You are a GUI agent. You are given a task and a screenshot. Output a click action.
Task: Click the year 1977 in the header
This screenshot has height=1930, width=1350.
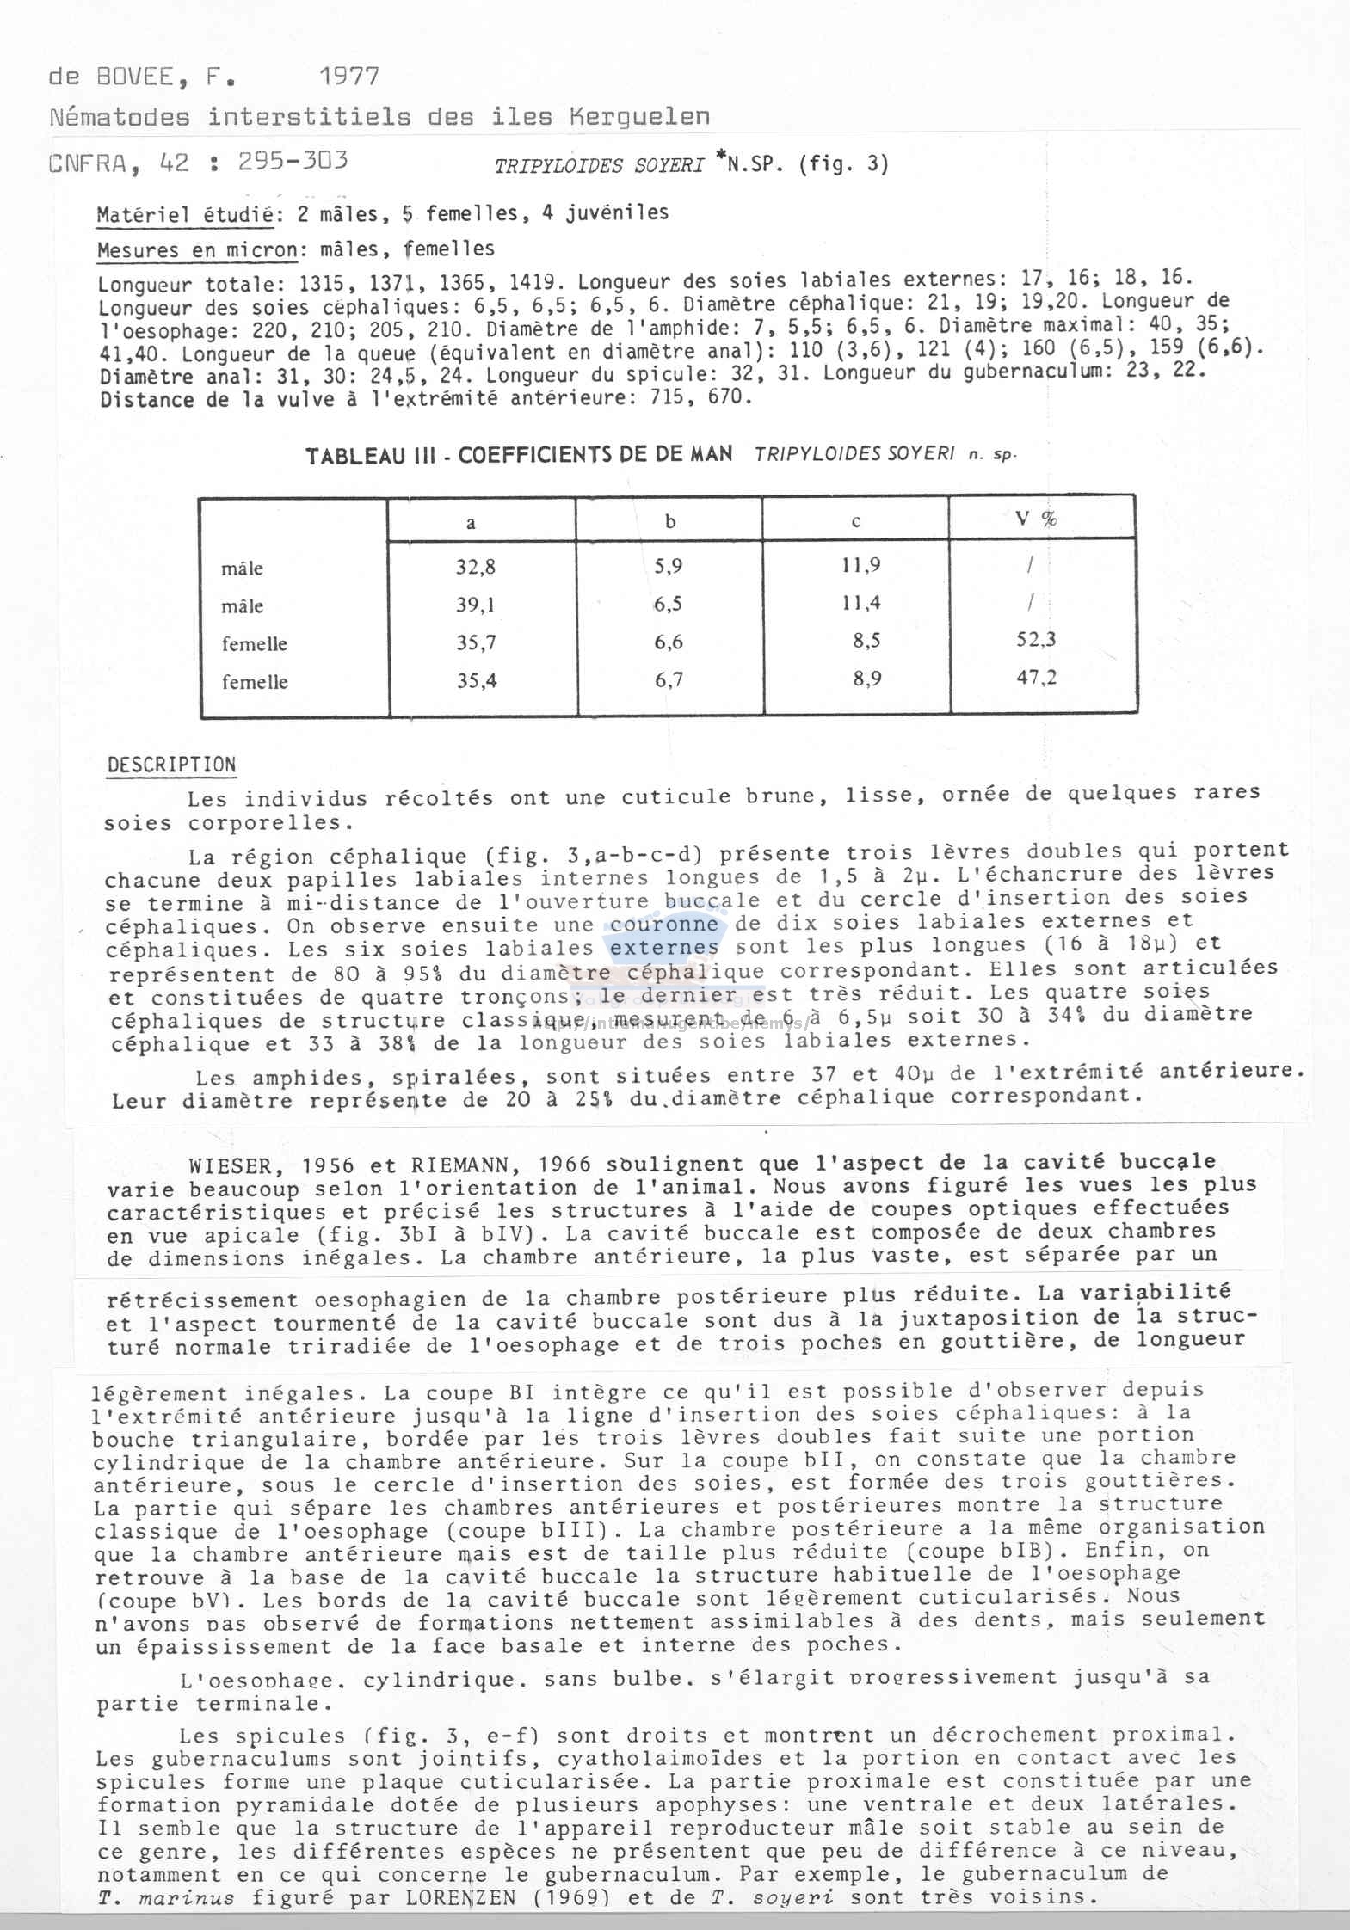348,77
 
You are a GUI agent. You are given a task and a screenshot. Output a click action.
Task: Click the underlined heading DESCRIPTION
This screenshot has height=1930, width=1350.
171,765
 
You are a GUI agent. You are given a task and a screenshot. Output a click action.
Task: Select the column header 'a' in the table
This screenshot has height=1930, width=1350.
471,522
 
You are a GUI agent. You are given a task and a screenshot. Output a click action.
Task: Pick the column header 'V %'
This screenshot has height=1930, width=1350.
1036,518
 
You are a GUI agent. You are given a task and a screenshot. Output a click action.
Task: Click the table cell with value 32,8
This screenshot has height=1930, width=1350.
476,567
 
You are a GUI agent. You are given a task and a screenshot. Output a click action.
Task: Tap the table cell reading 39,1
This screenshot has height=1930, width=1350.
476,605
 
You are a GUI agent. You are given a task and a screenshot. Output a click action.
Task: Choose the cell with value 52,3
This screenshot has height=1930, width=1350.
1036,639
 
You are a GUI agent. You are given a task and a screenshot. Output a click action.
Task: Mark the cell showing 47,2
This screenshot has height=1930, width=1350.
1036,677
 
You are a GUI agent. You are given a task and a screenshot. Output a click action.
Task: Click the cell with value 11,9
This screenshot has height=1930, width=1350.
860,565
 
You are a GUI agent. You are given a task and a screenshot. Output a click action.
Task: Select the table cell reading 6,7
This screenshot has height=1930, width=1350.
669,680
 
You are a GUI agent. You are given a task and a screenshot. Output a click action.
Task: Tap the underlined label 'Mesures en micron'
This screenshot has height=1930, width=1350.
197,251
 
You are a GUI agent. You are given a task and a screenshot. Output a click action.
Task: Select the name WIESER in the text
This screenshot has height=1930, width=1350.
236,1165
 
